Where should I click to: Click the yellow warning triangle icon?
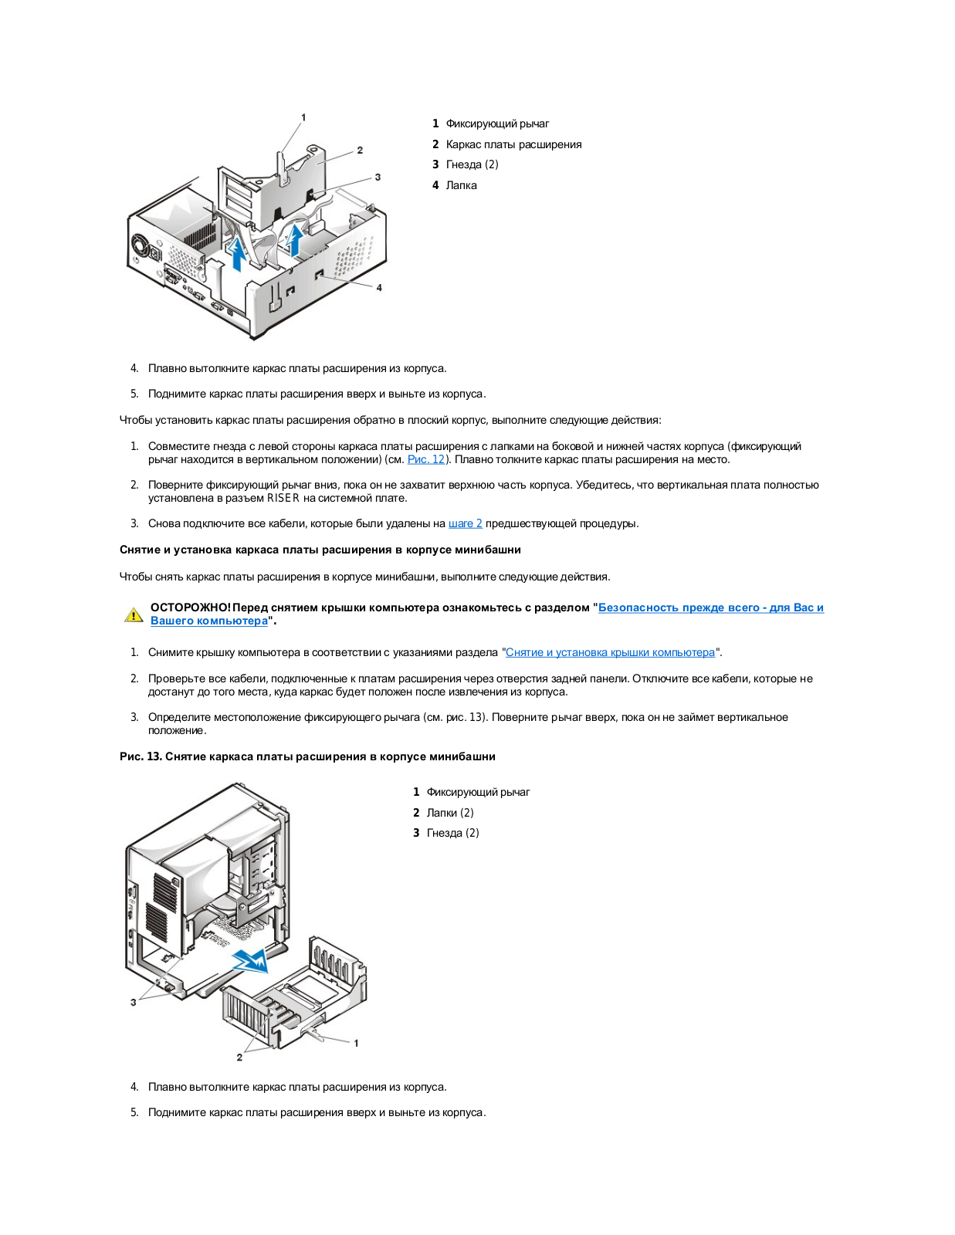tap(134, 615)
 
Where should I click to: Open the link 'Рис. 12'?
tap(426, 459)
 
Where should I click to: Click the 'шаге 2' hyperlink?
tap(465, 523)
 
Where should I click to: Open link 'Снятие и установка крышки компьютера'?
tap(610, 652)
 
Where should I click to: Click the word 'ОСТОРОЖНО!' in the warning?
tap(190, 607)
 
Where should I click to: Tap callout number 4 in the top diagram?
tap(379, 287)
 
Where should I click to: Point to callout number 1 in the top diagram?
tap(303, 117)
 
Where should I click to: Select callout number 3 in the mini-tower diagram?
tap(134, 1002)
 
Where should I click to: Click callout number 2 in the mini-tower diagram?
tap(239, 1057)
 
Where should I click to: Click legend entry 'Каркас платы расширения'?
tap(513, 144)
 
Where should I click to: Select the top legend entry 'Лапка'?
tap(461, 185)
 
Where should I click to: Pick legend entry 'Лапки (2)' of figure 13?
tap(450, 813)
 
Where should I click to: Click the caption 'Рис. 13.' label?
tap(141, 756)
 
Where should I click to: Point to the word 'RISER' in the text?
tap(283, 498)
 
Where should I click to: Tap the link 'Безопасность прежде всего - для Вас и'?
tap(710, 607)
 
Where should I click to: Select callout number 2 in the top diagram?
tap(360, 150)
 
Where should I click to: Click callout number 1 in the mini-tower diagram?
tap(356, 1043)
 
